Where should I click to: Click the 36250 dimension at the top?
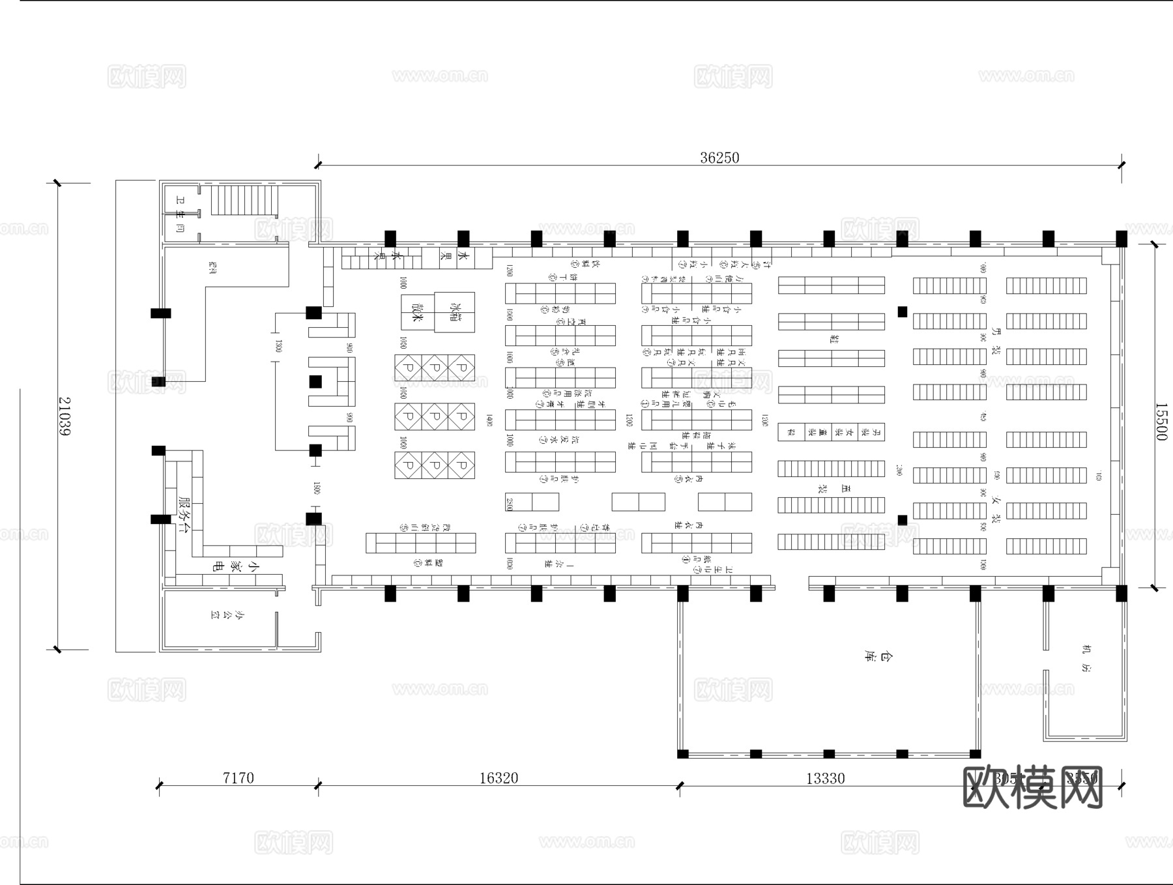click(x=719, y=158)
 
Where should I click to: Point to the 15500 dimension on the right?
click(x=1161, y=421)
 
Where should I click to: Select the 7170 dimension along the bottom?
click(x=238, y=777)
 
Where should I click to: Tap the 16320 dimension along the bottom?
click(x=499, y=777)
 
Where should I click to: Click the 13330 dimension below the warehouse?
click(x=825, y=778)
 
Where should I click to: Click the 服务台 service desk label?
click(x=184, y=514)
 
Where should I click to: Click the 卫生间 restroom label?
click(x=180, y=214)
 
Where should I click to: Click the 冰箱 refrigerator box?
click(x=455, y=312)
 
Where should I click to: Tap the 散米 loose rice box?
click(x=418, y=312)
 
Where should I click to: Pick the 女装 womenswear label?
click(x=995, y=509)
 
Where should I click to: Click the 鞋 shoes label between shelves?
click(x=833, y=339)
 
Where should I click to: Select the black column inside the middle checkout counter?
click(x=315, y=382)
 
